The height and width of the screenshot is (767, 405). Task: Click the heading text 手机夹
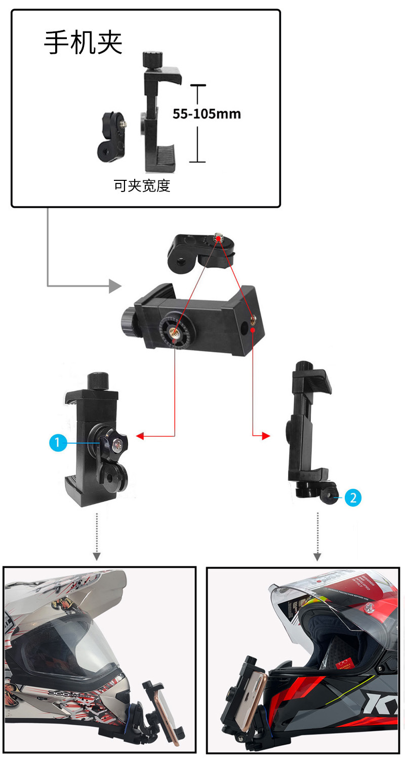pos(84,43)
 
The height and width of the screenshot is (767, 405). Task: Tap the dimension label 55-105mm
pos(207,113)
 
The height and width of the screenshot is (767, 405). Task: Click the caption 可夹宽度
pos(142,186)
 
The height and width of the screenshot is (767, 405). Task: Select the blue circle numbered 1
pos(57,443)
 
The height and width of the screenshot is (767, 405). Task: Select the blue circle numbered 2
pos(353,497)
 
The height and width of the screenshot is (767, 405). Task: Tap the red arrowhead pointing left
pos(140,436)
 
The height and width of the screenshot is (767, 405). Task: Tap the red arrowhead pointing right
pos(266,436)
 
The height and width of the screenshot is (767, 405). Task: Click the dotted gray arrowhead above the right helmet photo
pos(317,557)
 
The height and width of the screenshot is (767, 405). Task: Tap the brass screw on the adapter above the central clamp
pos(218,237)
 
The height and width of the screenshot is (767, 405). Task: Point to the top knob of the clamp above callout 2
pos(305,368)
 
